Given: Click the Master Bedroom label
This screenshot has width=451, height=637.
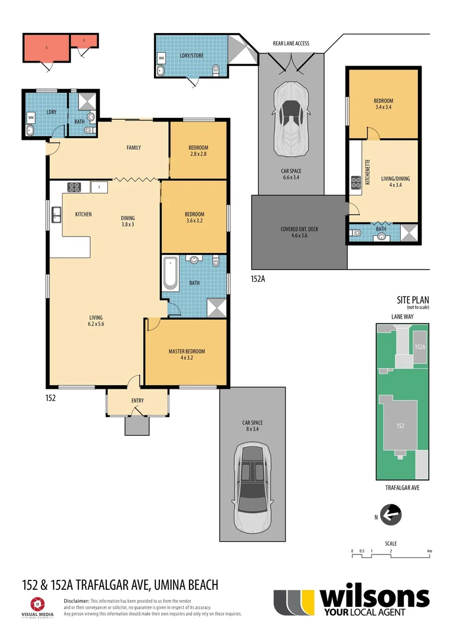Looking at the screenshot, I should tap(185, 354).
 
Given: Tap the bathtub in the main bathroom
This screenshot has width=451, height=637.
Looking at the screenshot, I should tap(171, 274).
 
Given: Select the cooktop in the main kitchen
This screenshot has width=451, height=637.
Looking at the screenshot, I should tap(74, 187).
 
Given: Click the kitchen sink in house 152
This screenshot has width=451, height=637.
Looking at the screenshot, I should tap(57, 214).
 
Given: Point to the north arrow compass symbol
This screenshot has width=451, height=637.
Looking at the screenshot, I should tap(391, 514).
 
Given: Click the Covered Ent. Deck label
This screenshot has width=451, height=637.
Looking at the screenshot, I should tap(299, 232).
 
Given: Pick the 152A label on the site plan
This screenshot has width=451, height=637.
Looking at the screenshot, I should tap(420, 348).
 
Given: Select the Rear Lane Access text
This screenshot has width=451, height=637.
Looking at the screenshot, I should tap(290, 44).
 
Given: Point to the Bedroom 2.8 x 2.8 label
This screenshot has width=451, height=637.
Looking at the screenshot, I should tap(198, 150).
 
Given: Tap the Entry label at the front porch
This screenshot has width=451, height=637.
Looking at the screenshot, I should tap(137, 401).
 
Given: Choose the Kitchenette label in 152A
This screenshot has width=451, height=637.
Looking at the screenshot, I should tap(367, 172).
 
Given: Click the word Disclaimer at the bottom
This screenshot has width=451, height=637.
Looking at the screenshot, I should tap(76, 600).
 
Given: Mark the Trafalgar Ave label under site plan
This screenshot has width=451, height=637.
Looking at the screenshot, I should tap(401, 488).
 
